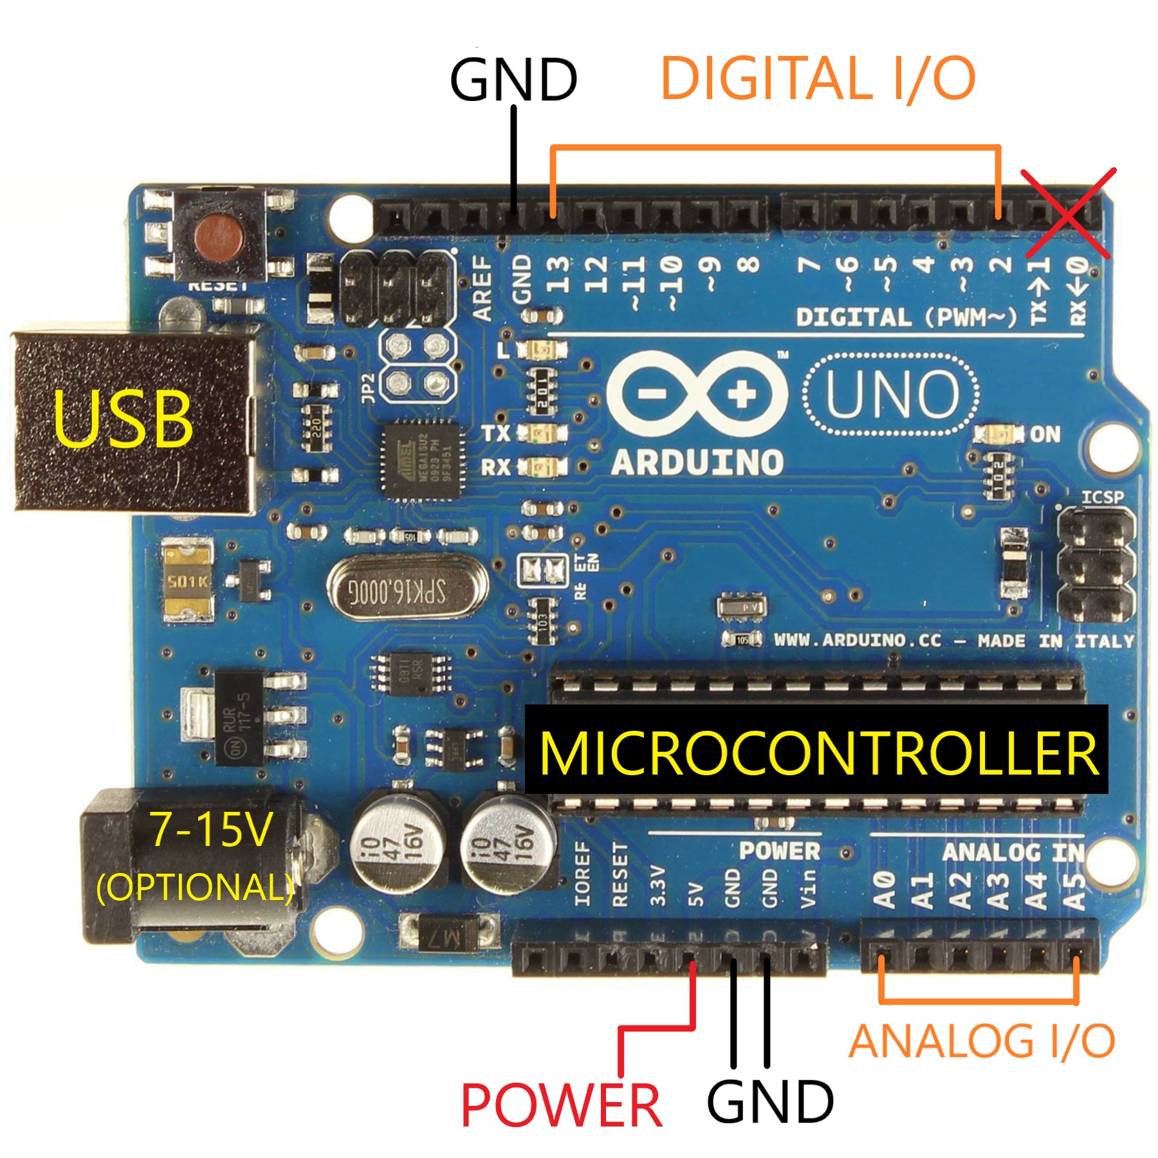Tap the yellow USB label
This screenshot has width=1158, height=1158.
point(122,419)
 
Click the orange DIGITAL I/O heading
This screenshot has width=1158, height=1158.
point(818,78)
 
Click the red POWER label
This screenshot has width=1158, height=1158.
point(561,1105)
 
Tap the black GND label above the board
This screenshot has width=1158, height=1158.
point(513,79)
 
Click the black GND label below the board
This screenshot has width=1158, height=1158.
point(769,1102)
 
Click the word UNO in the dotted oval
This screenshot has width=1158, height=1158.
point(892,394)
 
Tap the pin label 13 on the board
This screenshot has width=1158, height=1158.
point(558,274)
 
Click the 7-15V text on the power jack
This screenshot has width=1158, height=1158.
point(211,829)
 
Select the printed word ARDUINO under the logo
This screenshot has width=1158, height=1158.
point(697,462)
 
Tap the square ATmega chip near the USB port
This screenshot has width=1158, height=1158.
point(422,460)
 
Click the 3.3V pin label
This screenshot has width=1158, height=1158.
point(657,886)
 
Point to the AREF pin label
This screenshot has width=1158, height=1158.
point(482,288)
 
